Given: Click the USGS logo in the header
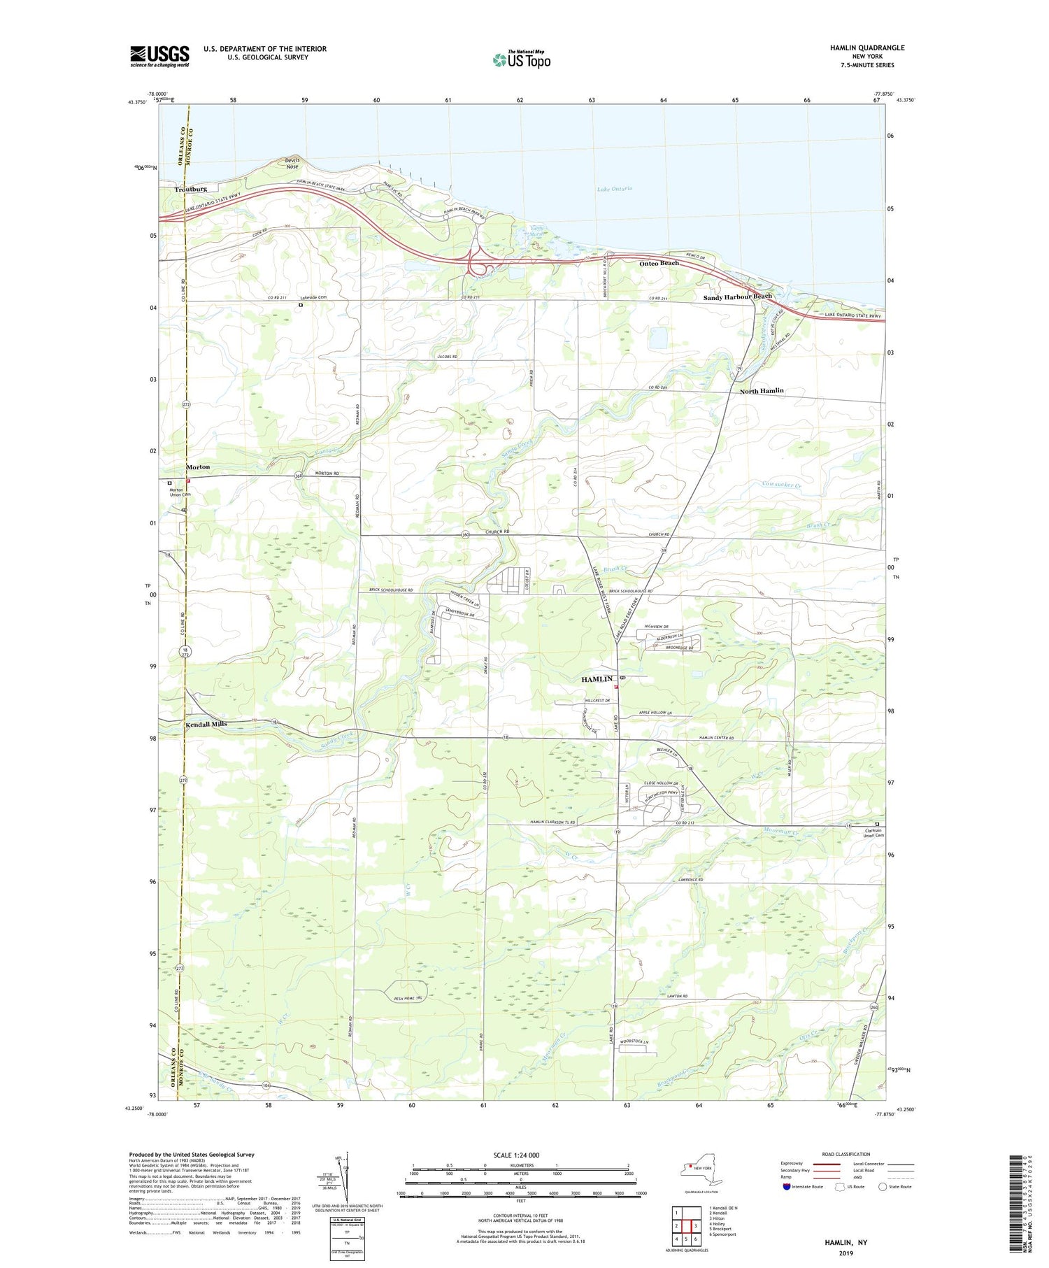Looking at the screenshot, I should tap(159, 56).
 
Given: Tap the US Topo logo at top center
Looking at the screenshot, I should tap(521, 59).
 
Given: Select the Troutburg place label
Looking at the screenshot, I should tap(191, 189).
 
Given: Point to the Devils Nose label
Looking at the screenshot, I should tap(292, 163).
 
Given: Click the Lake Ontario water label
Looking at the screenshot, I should tap(615, 189).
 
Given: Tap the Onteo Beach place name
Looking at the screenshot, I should tap(659, 263).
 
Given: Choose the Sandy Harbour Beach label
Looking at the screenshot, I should tap(737, 297).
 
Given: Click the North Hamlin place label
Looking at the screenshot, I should tap(761, 391).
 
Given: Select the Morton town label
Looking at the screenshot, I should tap(197, 466).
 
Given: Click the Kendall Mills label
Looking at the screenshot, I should tap(206, 724).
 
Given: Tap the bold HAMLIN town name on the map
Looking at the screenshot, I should tap(597, 679).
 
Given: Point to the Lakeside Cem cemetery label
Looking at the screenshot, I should tap(314, 298).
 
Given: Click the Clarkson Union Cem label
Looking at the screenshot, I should tap(873, 833).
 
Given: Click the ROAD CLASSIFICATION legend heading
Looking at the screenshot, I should tap(846, 1154).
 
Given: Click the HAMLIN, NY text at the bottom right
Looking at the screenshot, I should tap(845, 1242).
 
